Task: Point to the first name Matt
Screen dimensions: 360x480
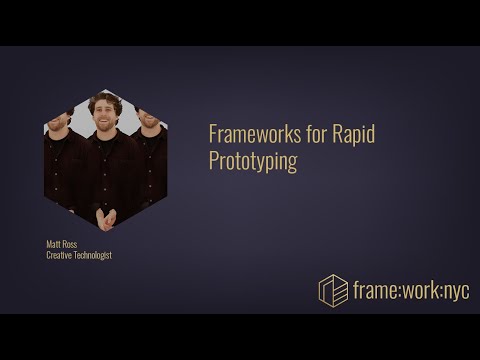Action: click(x=55, y=243)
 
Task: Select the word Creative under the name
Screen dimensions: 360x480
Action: click(x=62, y=255)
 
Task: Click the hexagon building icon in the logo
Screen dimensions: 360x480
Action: click(x=333, y=290)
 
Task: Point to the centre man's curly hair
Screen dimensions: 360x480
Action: click(x=105, y=100)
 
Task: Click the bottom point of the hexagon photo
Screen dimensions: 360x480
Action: click(x=105, y=231)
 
